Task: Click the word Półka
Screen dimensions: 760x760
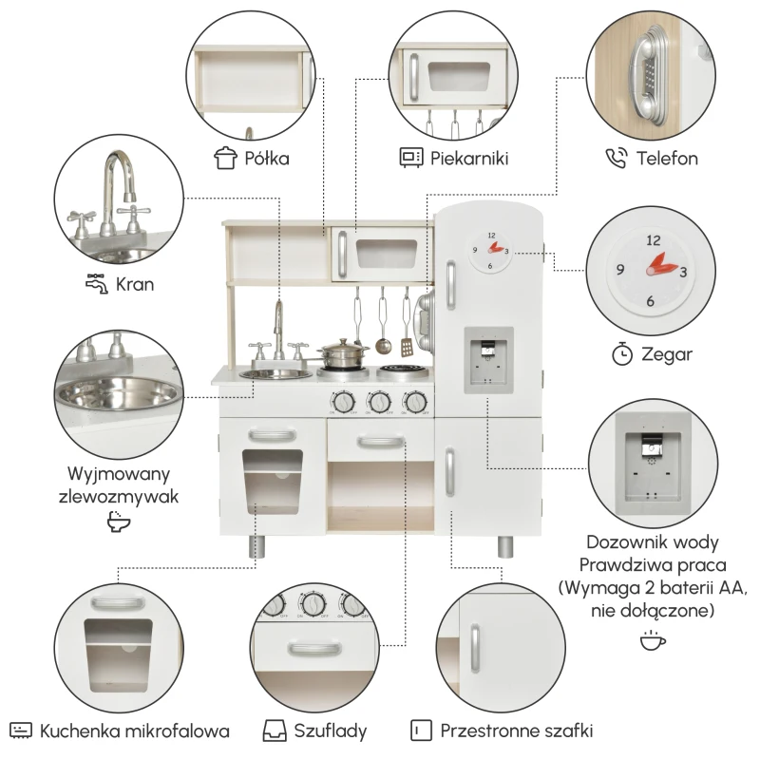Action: [x=267, y=159]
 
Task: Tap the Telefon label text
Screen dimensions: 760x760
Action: [x=667, y=159]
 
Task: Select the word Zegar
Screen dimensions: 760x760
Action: [x=667, y=354]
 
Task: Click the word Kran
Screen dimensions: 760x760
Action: [x=135, y=284]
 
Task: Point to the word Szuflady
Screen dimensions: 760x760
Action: [x=330, y=731]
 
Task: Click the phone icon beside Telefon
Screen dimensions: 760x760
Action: [x=616, y=159]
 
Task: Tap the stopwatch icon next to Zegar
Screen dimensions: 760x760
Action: [x=622, y=354]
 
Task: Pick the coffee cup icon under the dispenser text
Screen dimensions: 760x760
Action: [x=653, y=639]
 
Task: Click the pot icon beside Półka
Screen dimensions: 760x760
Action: [x=225, y=158]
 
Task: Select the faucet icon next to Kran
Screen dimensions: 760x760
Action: [x=97, y=283]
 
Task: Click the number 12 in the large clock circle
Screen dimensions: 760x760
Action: [x=654, y=240]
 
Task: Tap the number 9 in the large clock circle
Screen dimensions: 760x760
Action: [x=620, y=269]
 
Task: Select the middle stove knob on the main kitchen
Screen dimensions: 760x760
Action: [x=379, y=402]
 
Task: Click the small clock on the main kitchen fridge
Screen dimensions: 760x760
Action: [x=490, y=251]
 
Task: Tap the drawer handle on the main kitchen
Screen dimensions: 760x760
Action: [x=381, y=442]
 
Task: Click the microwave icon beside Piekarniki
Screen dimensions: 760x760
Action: [x=411, y=158]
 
